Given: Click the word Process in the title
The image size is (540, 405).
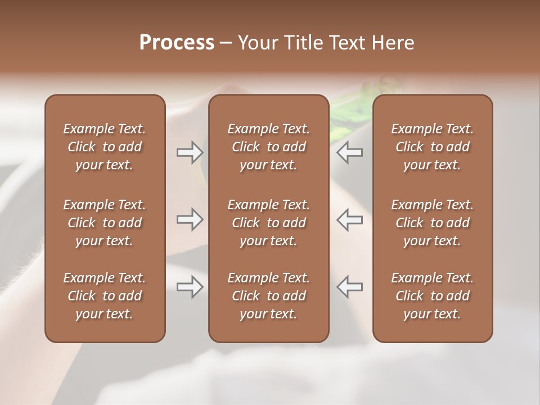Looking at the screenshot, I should [177, 43].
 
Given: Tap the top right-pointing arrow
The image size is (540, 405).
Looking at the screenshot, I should [190, 152].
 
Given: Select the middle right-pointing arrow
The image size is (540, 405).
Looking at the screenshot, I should [190, 219].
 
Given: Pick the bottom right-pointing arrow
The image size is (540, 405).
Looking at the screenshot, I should [190, 287].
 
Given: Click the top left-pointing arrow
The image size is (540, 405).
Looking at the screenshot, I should [349, 152].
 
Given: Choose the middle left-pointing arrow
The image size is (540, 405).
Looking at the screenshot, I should [349, 219].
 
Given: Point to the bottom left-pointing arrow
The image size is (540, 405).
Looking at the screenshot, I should [349, 287].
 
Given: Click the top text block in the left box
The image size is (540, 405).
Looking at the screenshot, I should [105, 147].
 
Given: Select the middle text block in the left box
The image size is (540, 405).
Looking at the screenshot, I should [105, 223].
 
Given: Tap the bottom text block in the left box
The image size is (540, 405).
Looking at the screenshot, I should [105, 296].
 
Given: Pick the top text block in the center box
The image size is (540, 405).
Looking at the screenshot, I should [268, 147].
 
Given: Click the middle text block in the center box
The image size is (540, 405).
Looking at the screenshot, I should [268, 223].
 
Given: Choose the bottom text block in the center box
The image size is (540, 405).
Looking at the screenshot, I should [268, 296].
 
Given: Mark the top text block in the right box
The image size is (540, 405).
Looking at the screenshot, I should [432, 147].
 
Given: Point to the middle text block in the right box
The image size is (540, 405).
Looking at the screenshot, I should [432, 223].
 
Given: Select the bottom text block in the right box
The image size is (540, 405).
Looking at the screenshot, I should [432, 296].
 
